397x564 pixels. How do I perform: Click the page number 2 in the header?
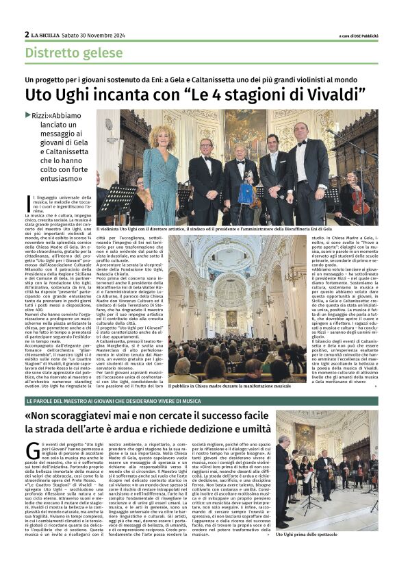coord(27,34)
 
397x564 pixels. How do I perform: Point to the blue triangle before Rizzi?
coord(27,115)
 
